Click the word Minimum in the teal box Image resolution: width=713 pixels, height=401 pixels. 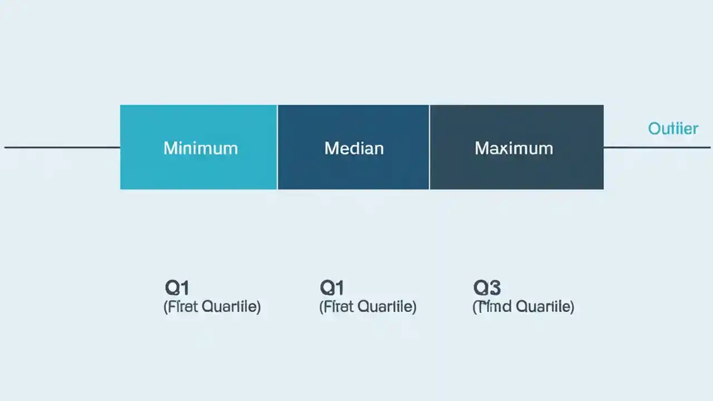201,148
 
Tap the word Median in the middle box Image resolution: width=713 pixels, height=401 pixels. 354,148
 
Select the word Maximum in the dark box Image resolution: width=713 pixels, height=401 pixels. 514,148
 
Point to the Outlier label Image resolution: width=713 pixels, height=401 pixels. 673,129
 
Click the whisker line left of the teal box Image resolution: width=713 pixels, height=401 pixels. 61,148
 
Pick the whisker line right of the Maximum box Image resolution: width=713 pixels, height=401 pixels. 657,148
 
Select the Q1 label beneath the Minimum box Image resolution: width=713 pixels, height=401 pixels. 177,288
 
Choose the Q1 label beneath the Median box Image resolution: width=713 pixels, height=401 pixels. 332,288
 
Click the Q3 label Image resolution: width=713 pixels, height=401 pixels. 487,288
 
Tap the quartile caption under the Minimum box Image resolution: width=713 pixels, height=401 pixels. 212,306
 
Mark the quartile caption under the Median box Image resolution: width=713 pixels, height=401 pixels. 368,306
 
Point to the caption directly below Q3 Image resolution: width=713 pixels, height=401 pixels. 523,306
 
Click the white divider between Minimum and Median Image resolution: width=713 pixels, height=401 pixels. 277,147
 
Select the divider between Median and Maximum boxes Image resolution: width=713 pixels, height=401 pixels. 429,147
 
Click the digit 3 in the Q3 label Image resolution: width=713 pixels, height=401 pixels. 494,288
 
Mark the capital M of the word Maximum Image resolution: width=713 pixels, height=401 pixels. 481,148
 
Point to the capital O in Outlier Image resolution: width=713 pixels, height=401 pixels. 654,129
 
